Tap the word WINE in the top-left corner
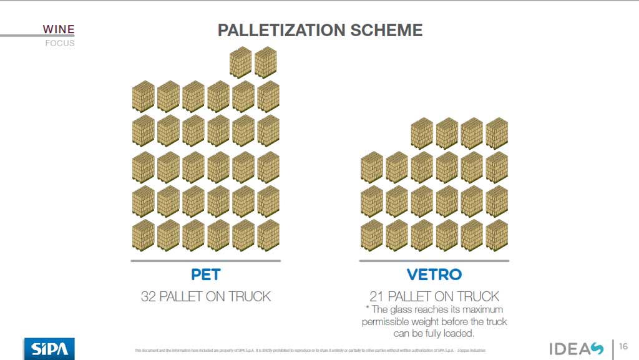pos(59,28)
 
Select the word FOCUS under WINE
pos(60,43)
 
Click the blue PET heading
pos(205,275)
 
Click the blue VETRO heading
pos(434,275)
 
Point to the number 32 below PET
pos(149,296)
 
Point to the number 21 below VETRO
pos(378,296)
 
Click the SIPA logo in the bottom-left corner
pos(49,348)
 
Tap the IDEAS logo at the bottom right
pos(576,349)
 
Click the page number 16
pos(623,348)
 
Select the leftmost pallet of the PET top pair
pos(240,62)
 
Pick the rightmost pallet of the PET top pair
pos(265,62)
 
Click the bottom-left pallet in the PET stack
pos(143,235)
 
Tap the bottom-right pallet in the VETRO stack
pos(497,235)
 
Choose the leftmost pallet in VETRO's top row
pos(422,133)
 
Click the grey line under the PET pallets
pos(205,261)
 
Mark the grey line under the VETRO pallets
pos(434,261)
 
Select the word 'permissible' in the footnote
pos(387,322)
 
